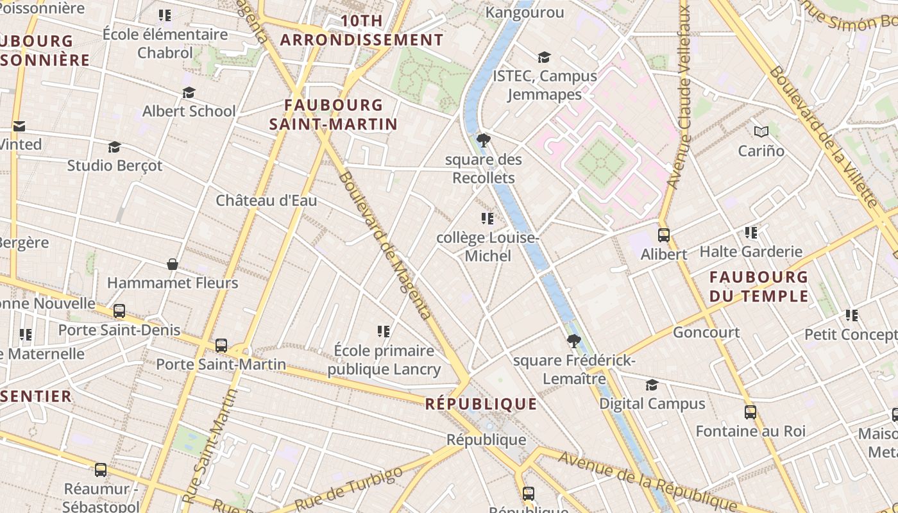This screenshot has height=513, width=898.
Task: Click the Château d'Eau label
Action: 266,200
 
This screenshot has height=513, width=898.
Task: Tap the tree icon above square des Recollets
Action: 484,140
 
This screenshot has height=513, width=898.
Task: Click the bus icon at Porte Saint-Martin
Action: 221,346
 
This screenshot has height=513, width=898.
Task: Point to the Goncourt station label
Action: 706,332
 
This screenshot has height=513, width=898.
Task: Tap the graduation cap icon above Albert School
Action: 189,93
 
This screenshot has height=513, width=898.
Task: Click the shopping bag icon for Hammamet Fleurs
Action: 173,264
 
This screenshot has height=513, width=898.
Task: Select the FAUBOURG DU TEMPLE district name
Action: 759,287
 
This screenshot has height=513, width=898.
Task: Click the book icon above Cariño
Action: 761,132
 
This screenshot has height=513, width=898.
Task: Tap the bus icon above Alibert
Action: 664,235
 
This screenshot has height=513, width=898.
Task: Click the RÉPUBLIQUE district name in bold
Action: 481,403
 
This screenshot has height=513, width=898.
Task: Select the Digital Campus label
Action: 652,403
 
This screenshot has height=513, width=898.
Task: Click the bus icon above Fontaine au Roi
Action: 750,412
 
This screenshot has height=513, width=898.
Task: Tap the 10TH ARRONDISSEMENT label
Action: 362,30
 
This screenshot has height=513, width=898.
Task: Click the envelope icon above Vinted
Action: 19,126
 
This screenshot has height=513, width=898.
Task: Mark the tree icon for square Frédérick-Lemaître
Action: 574,341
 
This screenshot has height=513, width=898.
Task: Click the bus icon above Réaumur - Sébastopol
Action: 101,470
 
